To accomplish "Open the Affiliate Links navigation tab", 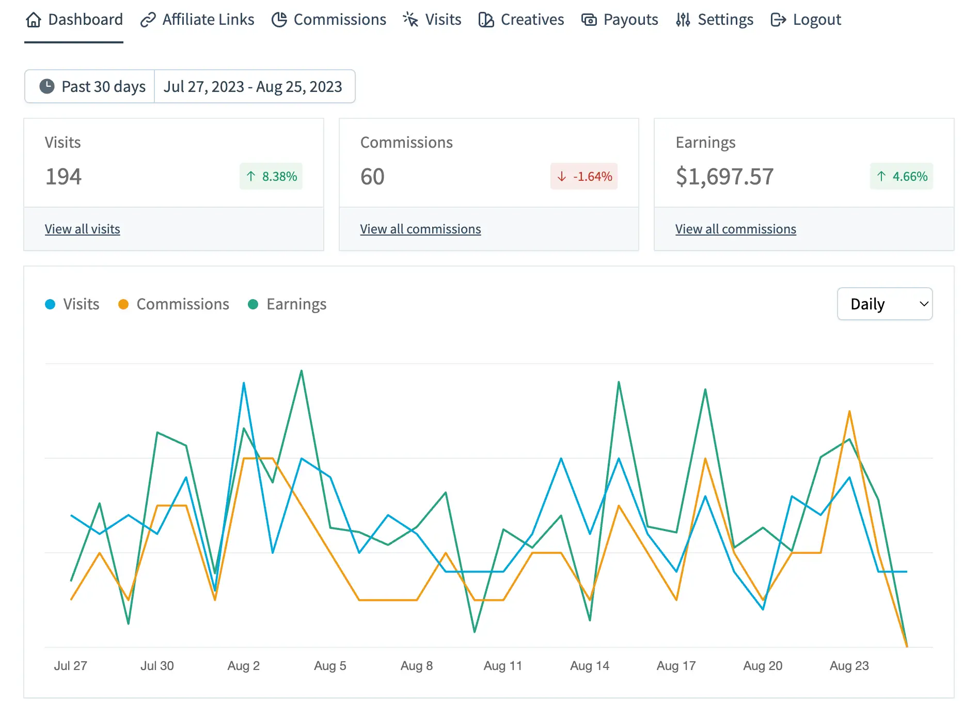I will coord(197,20).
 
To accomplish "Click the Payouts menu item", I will coord(620,20).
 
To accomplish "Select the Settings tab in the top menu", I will coord(715,20).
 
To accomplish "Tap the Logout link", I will coord(806,20).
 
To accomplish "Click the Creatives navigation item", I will coord(521,20).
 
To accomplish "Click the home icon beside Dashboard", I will coord(34,20).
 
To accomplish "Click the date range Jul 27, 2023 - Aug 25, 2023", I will coord(253,86).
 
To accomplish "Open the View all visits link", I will coord(82,229).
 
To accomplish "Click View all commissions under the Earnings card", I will coord(735,229).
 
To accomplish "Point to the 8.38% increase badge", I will coord(271,177).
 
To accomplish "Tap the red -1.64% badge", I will coord(584,177).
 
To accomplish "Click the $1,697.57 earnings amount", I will coord(724,177).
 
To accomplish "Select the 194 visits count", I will coord(63,177).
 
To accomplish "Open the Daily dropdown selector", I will coord(885,304).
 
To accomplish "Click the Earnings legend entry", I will coord(288,304).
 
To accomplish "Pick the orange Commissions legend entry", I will coord(174,304).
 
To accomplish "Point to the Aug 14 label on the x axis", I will coord(589,666).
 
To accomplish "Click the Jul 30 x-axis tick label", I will coord(157,666).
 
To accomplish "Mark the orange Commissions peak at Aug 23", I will coord(849,412).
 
